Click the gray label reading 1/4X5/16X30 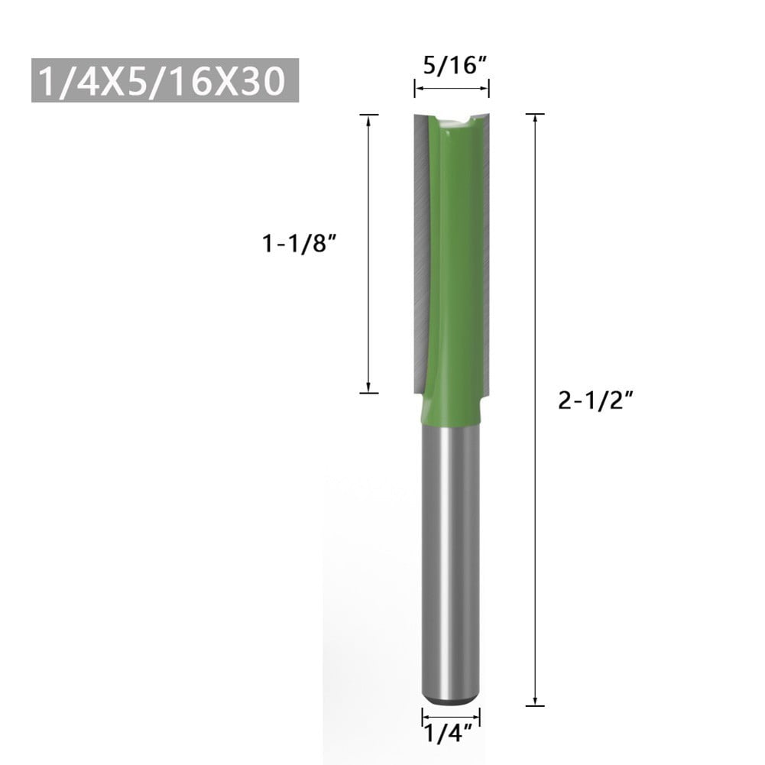(x=164, y=80)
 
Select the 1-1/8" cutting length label (x=300, y=244)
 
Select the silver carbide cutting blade (x=421, y=252)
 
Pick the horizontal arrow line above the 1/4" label (x=451, y=716)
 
